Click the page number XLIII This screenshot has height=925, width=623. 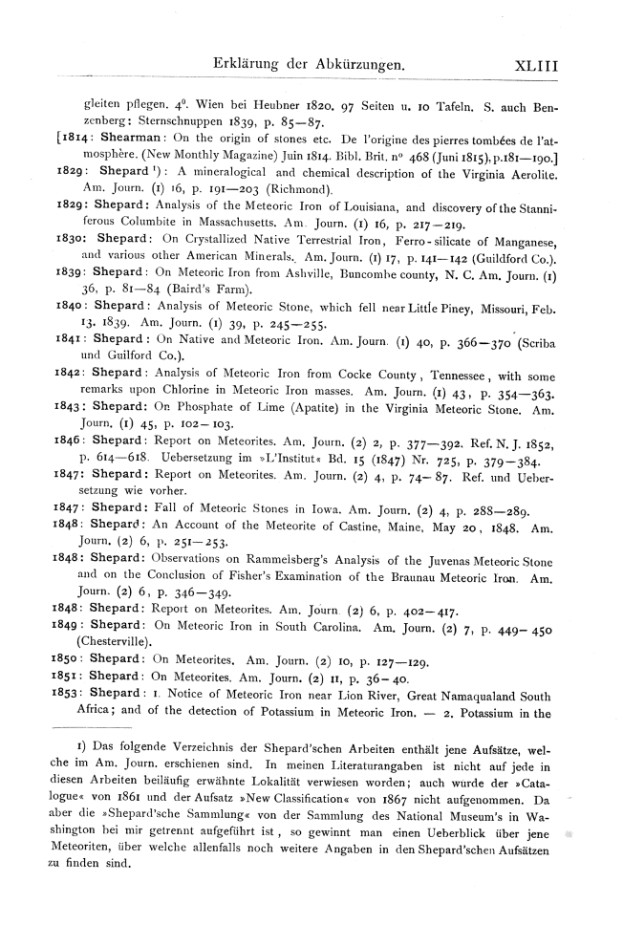[535, 65]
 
